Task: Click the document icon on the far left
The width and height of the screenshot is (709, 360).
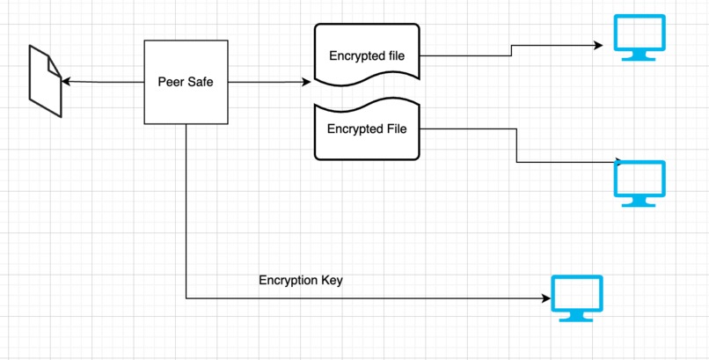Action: click(45, 82)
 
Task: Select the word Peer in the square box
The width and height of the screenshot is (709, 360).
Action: click(171, 82)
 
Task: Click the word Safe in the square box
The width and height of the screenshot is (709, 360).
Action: click(201, 82)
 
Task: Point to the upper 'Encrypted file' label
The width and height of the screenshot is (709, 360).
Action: click(367, 56)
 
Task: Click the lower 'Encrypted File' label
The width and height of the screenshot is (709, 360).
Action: click(367, 129)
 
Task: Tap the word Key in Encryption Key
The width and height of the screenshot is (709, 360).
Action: click(332, 281)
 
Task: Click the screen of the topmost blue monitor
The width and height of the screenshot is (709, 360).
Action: click(640, 34)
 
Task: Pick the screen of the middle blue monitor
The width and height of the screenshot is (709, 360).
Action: click(640, 180)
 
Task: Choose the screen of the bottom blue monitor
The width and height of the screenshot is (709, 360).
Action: click(576, 293)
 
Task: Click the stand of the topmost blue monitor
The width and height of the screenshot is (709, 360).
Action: click(640, 55)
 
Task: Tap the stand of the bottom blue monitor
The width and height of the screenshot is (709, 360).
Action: click(576, 315)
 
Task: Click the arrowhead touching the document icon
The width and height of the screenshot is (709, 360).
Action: click(65, 82)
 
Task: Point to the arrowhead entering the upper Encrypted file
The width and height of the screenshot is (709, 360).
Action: click(306, 82)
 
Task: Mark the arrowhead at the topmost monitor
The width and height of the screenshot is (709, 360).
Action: click(598, 44)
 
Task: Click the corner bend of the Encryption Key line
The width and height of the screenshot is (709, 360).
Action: click(186, 298)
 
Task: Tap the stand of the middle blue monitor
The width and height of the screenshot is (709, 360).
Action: click(640, 202)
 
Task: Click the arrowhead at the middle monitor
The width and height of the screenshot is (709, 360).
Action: click(618, 162)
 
